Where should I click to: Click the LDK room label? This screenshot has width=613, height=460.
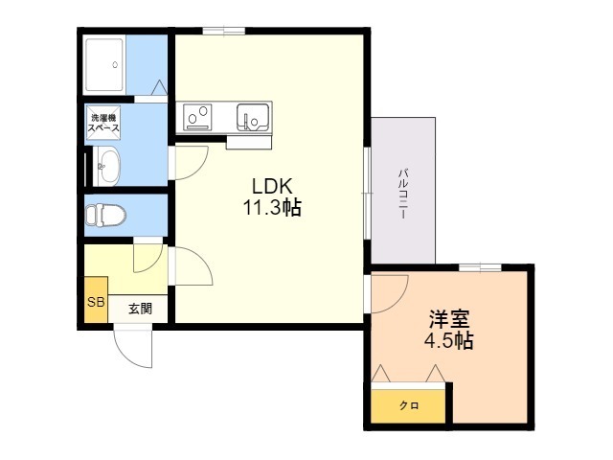pyautogui.click(x=272, y=186)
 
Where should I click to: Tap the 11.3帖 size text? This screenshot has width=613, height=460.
pyautogui.click(x=272, y=207)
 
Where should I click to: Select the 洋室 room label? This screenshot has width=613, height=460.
pyautogui.click(x=449, y=319)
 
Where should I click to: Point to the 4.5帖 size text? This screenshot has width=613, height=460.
pyautogui.click(x=449, y=340)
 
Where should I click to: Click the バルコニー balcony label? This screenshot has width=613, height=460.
pyautogui.click(x=403, y=194)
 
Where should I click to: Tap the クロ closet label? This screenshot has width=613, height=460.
pyautogui.click(x=409, y=405)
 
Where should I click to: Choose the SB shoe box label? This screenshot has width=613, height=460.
pyautogui.click(x=96, y=302)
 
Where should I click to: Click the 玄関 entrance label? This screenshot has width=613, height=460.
pyautogui.click(x=141, y=309)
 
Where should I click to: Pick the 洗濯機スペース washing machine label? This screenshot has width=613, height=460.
pyautogui.click(x=103, y=123)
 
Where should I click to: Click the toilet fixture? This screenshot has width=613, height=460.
pyautogui.click(x=105, y=215)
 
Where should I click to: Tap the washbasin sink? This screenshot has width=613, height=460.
pyautogui.click(x=107, y=166)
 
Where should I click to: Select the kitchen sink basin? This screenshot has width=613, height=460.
pyautogui.click(x=253, y=117)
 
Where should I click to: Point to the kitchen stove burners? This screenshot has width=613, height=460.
pyautogui.click(x=198, y=117)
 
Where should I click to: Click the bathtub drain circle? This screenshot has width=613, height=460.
pyautogui.click(x=115, y=65)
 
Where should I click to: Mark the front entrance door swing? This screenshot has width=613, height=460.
pyautogui.click(x=132, y=347)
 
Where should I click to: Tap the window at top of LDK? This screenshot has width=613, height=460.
pyautogui.click(x=223, y=31)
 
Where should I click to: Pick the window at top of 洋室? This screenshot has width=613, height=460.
pyautogui.click(x=480, y=268)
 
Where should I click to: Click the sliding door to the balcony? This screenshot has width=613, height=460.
pyautogui.click(x=367, y=193)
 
